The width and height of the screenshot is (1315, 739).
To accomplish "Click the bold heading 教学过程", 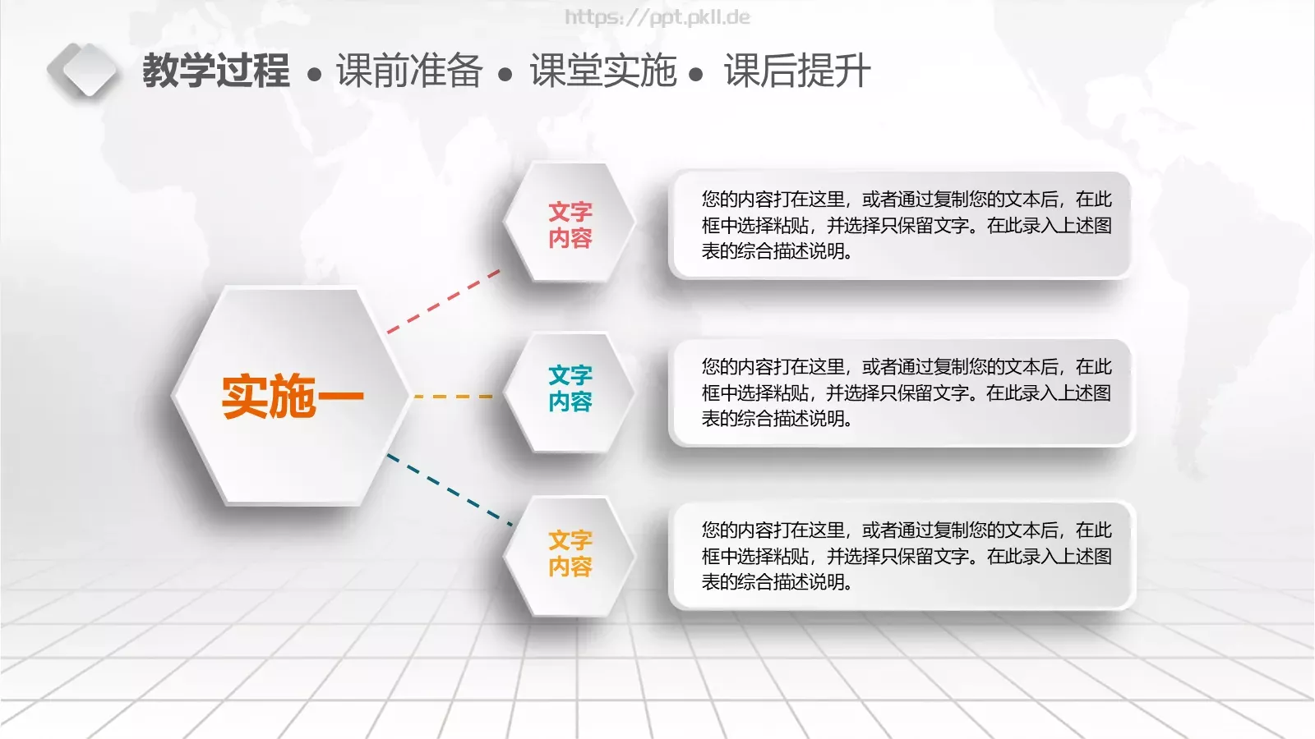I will point(215,71).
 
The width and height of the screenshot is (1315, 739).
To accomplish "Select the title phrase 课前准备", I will point(408,71).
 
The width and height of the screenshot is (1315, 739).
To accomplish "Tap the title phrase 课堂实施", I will point(602,71).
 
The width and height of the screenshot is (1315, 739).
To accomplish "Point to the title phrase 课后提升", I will point(796,71).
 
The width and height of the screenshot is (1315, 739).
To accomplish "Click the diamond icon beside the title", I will point(82,71).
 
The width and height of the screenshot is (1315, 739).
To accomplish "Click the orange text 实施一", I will point(292,397).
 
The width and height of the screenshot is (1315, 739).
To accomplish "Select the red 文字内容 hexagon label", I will point(570,225).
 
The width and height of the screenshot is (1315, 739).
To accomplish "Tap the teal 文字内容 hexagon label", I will point(570,388).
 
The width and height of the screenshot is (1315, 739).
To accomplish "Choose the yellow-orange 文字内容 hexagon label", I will point(570,553).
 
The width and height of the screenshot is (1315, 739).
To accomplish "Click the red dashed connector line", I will point(444,301).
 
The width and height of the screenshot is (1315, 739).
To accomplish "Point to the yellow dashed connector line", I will point(453,397).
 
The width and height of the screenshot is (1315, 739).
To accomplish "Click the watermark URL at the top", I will point(657,17).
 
